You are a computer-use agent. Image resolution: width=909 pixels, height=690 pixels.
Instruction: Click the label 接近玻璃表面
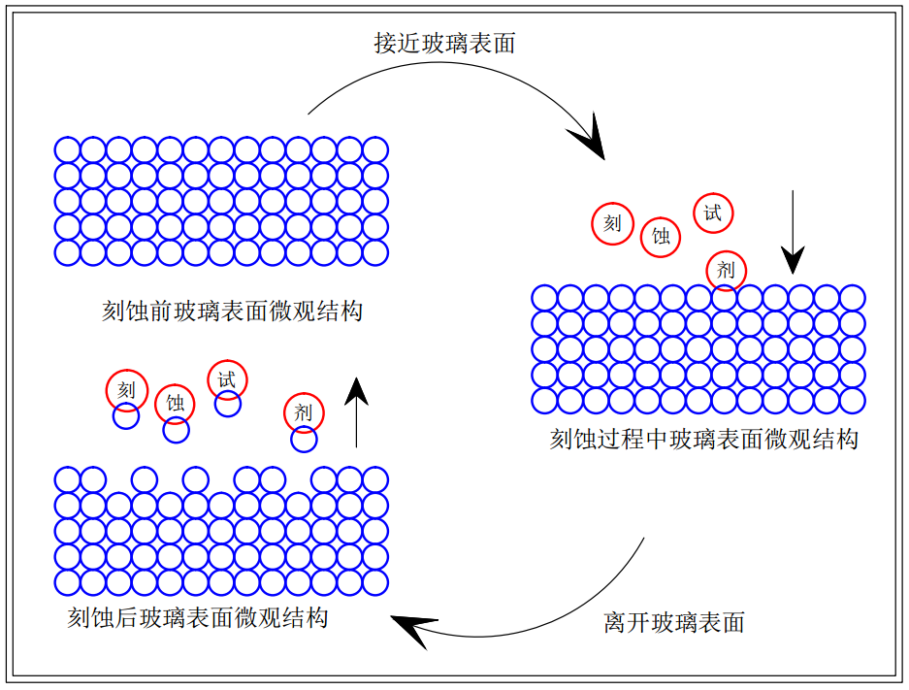click(444, 44)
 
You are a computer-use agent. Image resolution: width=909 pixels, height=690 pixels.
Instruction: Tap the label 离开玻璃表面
click(674, 622)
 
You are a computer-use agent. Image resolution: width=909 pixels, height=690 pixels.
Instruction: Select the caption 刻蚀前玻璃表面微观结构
click(232, 312)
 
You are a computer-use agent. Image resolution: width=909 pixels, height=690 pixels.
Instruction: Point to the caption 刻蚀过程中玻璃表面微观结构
click(703, 439)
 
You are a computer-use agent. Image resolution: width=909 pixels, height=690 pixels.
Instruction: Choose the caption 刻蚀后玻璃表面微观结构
click(198, 617)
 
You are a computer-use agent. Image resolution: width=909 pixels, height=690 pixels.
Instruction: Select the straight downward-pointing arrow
click(793, 232)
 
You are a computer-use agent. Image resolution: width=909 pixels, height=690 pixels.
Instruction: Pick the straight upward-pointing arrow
click(357, 412)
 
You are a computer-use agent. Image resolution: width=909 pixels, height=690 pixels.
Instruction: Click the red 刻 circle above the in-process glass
click(613, 224)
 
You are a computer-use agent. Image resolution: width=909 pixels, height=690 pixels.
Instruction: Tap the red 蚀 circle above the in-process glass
click(661, 237)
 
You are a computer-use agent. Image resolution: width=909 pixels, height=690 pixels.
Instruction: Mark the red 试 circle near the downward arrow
click(713, 214)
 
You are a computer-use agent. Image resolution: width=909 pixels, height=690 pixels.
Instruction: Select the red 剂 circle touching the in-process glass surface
click(726, 270)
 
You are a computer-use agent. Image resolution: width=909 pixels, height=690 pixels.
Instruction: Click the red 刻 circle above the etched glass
click(127, 390)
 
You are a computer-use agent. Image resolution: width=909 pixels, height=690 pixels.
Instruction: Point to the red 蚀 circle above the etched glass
click(175, 404)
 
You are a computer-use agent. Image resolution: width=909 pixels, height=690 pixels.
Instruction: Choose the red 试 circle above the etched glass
click(227, 379)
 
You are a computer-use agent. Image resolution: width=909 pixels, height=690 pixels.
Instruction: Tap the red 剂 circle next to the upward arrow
click(304, 412)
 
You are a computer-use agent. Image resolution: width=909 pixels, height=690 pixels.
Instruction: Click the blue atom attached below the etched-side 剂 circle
click(304, 440)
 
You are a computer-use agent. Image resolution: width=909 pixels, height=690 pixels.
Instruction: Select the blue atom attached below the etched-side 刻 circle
click(126, 415)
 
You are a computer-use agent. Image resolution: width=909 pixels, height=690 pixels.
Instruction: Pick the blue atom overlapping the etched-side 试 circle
click(227, 404)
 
